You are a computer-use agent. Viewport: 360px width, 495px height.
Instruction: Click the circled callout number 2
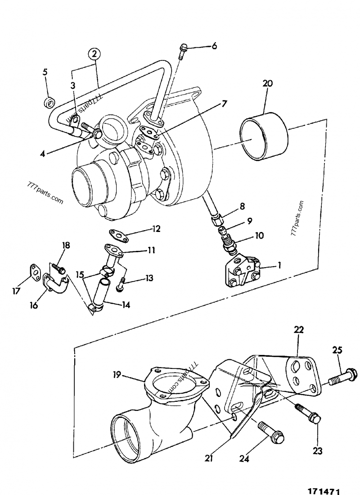94,54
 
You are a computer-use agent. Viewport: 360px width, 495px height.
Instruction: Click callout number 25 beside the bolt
338,350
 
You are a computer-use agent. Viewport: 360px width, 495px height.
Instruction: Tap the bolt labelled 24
270,431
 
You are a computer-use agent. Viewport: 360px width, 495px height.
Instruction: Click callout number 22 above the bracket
299,330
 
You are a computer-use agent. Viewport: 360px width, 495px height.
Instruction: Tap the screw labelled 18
58,268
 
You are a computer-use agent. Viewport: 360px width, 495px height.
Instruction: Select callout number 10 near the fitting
247,236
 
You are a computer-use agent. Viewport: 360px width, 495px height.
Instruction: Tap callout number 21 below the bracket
208,458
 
